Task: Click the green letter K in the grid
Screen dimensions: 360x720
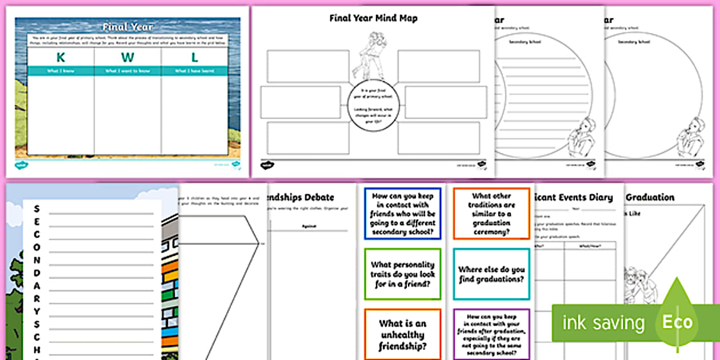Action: pyautogui.click(x=61, y=57)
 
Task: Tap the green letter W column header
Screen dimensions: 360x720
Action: pyautogui.click(x=127, y=57)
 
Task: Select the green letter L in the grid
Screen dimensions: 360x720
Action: pyautogui.click(x=195, y=57)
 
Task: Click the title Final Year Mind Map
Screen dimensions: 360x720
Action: pyautogui.click(x=373, y=18)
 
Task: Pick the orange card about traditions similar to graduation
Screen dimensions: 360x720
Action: pyautogui.click(x=491, y=213)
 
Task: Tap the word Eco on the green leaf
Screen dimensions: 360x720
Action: pyautogui.click(x=677, y=322)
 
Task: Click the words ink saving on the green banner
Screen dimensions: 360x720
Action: pyautogui.click(x=602, y=323)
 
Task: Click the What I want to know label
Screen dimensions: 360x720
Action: pyautogui.click(x=127, y=71)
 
